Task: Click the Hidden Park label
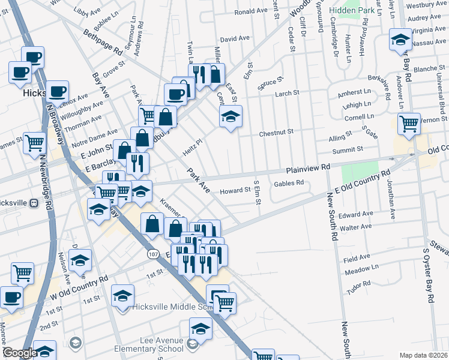[352, 11]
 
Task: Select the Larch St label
[287, 93]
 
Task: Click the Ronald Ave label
[251, 11]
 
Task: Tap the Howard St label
[234, 190]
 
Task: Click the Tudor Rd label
[359, 284]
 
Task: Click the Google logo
[20, 353]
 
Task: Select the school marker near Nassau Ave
[399, 40]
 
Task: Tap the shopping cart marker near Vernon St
[409, 124]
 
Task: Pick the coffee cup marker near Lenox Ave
[57, 91]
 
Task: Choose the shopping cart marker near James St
[35, 143]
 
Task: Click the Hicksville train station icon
[34, 202]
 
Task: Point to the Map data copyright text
[423, 355]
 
